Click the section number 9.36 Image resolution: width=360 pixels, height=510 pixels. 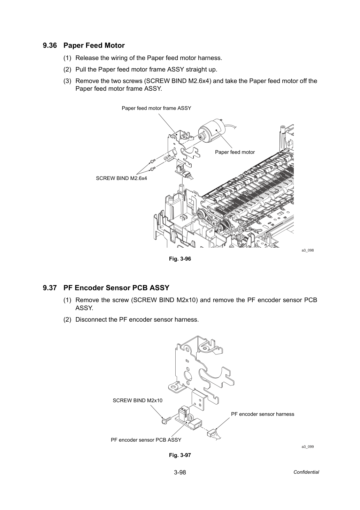pyautogui.click(x=50, y=46)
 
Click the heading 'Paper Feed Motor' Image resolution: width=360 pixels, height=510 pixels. pyautogui.click(x=94, y=46)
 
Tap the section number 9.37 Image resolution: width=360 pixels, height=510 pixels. pyautogui.click(x=50, y=288)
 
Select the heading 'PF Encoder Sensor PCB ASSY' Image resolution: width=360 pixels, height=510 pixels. pyautogui.click(x=116, y=288)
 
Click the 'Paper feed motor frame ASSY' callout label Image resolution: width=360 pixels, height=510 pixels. pyautogui.click(x=156, y=108)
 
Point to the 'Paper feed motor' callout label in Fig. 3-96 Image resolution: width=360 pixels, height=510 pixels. pyautogui.click(x=235, y=152)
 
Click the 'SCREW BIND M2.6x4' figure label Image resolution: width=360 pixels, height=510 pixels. pyautogui.click(x=121, y=178)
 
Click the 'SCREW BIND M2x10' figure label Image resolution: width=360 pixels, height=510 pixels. pyautogui.click(x=137, y=400)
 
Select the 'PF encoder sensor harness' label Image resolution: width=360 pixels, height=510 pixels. pyautogui.click(x=262, y=414)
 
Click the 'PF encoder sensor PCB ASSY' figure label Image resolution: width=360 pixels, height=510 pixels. pyautogui.click(x=146, y=440)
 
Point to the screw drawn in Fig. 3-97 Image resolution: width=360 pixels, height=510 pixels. pyautogui.click(x=166, y=420)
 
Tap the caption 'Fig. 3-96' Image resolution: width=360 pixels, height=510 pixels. pyautogui.click(x=180, y=259)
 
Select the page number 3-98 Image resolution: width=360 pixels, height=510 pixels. pyautogui.click(x=180, y=472)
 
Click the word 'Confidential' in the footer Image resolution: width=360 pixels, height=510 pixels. pyautogui.click(x=306, y=472)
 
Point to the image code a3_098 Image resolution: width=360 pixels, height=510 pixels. pyautogui.click(x=307, y=250)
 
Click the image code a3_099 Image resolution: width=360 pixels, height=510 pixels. pyautogui.click(x=307, y=447)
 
